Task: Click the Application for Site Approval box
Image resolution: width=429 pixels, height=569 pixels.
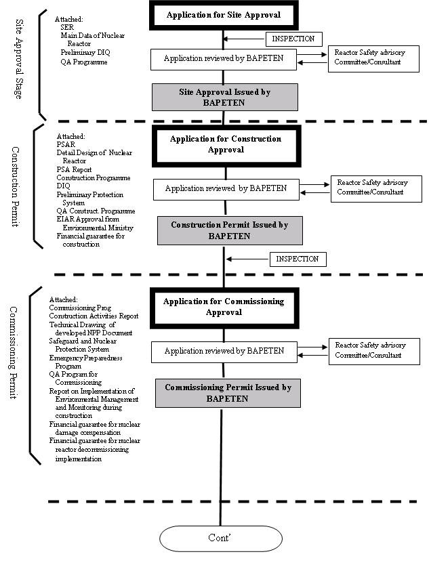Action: [x=224, y=15]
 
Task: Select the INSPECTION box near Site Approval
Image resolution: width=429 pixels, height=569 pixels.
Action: [x=293, y=39]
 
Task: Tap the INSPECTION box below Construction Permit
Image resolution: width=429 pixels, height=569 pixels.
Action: [x=298, y=259]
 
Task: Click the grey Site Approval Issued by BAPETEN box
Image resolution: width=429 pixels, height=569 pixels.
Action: [x=224, y=98]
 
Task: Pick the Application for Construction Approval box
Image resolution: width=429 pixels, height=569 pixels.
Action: [x=226, y=146]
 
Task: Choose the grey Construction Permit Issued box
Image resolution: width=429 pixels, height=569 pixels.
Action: [x=230, y=230]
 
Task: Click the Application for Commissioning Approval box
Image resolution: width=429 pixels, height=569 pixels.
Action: [x=224, y=308]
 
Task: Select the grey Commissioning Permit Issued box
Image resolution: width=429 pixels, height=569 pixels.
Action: [x=228, y=393]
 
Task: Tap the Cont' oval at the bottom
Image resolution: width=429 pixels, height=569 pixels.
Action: [x=221, y=539]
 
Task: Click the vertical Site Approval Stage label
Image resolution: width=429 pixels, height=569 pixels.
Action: [x=18, y=59]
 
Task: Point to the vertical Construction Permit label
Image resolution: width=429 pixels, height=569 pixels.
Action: [x=15, y=186]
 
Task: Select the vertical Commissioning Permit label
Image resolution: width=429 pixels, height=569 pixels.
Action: [x=14, y=353]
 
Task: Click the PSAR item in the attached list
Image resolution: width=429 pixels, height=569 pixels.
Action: [x=66, y=144]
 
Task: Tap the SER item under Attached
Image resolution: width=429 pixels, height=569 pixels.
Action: [x=67, y=27]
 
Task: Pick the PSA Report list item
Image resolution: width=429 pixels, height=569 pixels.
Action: [x=74, y=169]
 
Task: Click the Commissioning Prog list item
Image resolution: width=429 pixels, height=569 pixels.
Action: [x=80, y=308]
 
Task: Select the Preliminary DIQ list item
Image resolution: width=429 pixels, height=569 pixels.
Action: [x=85, y=52]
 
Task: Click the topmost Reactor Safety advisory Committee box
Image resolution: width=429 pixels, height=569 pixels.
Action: [x=374, y=59]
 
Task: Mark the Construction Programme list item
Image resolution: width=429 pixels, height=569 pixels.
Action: [x=94, y=177]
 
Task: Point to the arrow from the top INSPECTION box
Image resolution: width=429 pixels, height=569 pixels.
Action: [x=244, y=39]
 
